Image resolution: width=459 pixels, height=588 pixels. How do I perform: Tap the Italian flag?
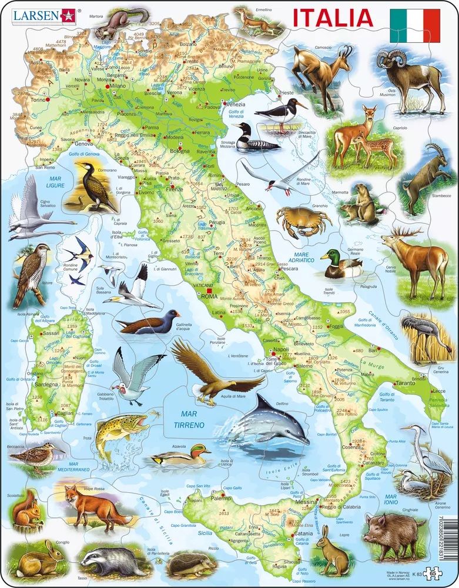tap(414, 25)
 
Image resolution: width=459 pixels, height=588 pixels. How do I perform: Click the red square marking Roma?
tap(209, 289)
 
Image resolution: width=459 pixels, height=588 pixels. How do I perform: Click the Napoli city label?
tap(282, 349)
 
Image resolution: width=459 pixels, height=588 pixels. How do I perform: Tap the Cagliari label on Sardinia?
tap(66, 413)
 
